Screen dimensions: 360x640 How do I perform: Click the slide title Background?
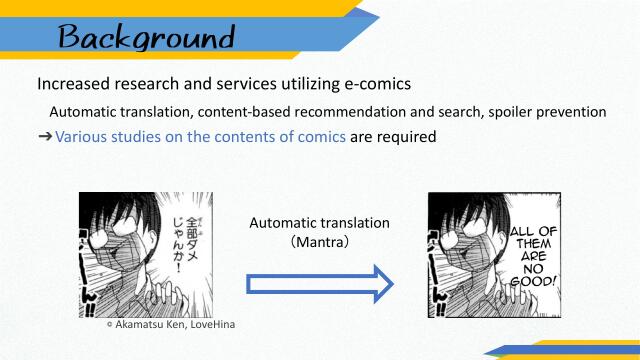(x=146, y=38)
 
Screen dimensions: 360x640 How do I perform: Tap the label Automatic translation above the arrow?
(x=319, y=223)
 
